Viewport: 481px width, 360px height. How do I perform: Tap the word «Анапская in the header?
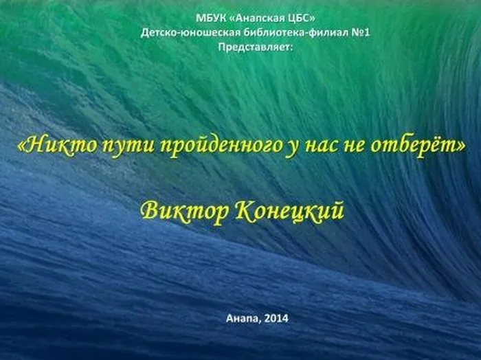tap(254, 19)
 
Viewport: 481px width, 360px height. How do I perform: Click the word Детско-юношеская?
tap(190, 32)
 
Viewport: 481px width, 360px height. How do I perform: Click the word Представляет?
tap(256, 47)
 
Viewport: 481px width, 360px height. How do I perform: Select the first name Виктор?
tap(186, 211)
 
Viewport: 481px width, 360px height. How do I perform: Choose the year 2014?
tap(277, 318)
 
